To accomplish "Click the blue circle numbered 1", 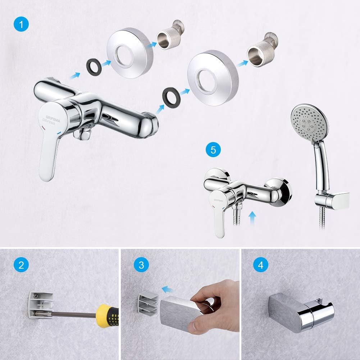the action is pos(21,24).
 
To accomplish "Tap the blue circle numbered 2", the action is pos(21,265).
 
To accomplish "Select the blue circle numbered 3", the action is pos(141,265).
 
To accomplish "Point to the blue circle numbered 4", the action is pos(261,265).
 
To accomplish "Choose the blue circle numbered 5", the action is pos(213,150).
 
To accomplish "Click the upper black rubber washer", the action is pos(94,66).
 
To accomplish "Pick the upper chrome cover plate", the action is pos(130,53).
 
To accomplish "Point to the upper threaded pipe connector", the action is pos(170,35).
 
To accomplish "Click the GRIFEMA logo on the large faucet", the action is pos(51,120).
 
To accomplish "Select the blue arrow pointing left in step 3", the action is pos(168,289).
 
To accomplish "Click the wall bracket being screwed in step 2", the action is pos(41,305).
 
